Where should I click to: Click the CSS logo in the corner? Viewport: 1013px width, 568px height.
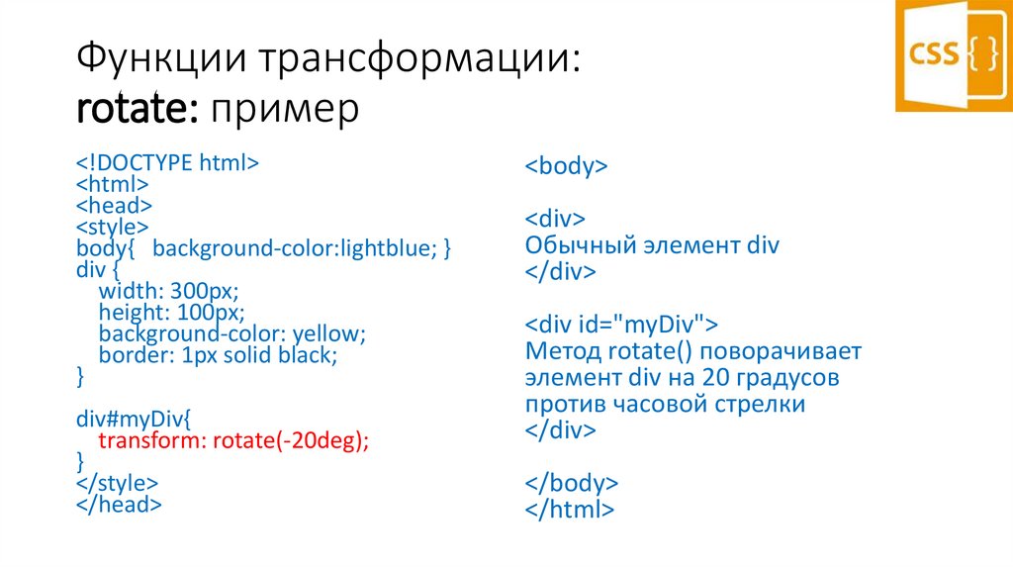click(x=954, y=54)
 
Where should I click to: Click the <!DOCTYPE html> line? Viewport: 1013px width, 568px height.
click(x=167, y=162)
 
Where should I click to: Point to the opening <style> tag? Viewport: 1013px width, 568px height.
click(x=112, y=227)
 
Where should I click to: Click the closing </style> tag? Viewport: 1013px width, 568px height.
click(x=117, y=484)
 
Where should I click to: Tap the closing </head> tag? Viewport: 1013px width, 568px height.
click(x=119, y=505)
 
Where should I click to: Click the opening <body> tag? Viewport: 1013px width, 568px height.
click(x=566, y=166)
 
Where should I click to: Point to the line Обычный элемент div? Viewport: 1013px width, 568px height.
click(x=652, y=245)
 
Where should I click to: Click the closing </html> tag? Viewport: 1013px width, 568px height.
click(x=570, y=511)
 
